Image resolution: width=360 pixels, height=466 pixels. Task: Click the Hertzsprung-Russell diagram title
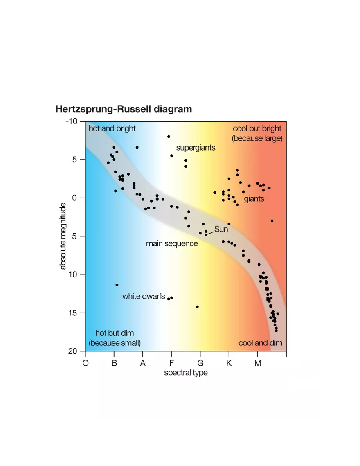(x=123, y=109)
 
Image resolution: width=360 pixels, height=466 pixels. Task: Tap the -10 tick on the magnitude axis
(x=73, y=122)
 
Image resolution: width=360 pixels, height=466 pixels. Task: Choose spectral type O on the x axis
(x=85, y=363)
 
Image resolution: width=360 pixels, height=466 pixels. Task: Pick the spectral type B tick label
(x=114, y=363)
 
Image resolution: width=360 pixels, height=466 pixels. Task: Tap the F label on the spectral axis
(x=171, y=363)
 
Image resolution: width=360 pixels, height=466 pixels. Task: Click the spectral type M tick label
(x=258, y=363)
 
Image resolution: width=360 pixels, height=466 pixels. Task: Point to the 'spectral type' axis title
(x=186, y=373)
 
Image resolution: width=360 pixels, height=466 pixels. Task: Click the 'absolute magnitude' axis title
(x=63, y=236)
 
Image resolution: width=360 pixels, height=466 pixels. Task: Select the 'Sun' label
(x=221, y=230)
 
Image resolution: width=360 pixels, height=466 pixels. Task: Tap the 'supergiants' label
(x=196, y=148)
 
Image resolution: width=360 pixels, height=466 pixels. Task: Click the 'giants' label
(x=254, y=199)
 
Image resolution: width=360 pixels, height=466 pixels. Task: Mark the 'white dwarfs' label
(x=144, y=296)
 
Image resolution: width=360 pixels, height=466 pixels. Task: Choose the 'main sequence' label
(x=172, y=244)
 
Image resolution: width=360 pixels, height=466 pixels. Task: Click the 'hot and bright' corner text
(x=112, y=128)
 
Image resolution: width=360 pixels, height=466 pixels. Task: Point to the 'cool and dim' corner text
(x=260, y=343)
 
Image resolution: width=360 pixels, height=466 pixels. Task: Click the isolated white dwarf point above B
(x=117, y=285)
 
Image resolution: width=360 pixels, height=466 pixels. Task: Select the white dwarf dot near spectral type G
(x=197, y=307)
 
